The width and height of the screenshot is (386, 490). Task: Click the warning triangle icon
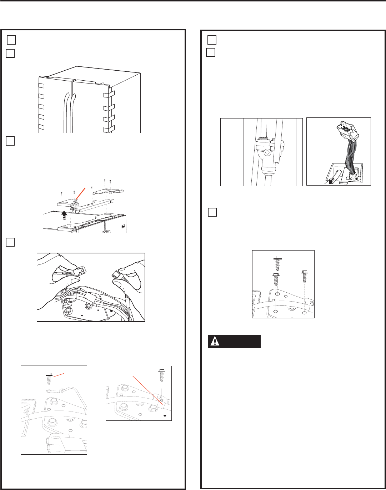tap(215, 342)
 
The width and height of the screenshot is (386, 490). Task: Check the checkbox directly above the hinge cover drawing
tap(10, 141)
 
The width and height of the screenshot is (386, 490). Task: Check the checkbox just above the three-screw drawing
tap(212, 212)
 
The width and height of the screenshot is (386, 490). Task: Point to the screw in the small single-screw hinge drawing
tap(161, 379)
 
